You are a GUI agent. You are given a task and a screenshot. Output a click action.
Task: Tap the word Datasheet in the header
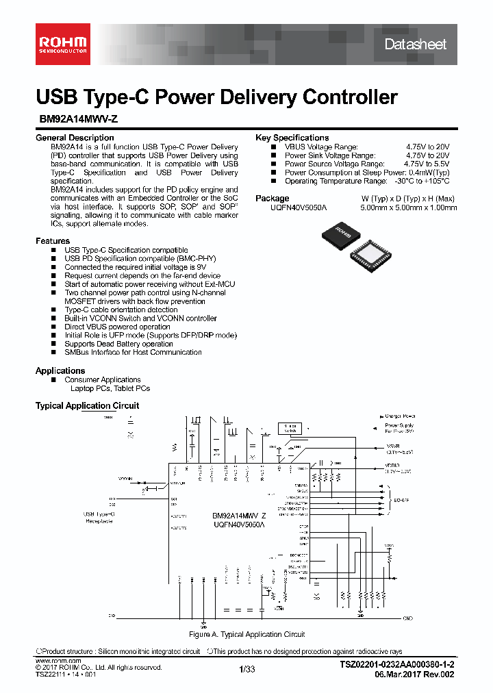point(415,45)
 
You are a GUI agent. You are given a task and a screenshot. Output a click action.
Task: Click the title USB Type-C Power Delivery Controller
point(216,97)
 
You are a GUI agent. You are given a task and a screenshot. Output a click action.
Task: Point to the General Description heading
point(75,138)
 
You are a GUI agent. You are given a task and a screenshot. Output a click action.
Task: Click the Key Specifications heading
point(292,138)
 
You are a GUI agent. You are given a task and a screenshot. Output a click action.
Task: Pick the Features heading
point(53,241)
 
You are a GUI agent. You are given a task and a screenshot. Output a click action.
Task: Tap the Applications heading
point(60,370)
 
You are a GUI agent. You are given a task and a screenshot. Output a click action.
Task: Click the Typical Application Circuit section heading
point(87,405)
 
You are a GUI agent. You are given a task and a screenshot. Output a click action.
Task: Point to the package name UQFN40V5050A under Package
point(300,207)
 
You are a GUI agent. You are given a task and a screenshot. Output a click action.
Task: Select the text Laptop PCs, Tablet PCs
point(110,388)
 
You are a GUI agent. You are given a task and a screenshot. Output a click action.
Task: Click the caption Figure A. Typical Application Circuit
point(246,635)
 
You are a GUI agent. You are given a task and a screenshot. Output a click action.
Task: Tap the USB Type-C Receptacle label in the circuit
point(99,517)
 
